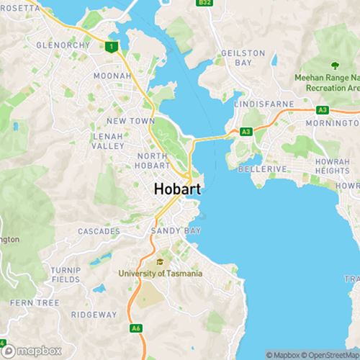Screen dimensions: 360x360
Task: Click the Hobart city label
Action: point(177,190)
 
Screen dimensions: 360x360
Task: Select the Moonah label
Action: point(112,76)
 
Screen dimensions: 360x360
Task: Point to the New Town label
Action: point(127,121)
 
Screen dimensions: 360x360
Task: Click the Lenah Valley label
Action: point(109,140)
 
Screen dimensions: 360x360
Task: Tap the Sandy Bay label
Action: point(175,230)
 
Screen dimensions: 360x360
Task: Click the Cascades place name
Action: point(99,232)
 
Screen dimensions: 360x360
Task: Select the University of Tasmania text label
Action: point(161,274)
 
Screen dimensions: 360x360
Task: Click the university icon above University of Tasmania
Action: point(160,262)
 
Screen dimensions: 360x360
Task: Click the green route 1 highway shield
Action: point(111,48)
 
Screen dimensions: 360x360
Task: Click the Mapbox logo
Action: point(30,351)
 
